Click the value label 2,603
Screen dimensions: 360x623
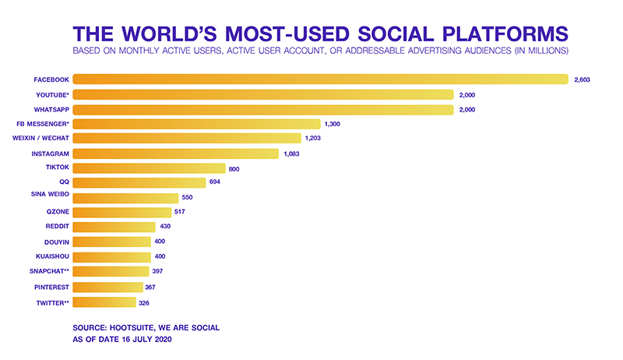(x=583, y=79)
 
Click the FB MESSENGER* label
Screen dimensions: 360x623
(x=43, y=124)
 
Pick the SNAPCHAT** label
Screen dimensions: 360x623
(x=48, y=272)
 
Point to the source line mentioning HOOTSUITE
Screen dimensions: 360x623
(x=146, y=327)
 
